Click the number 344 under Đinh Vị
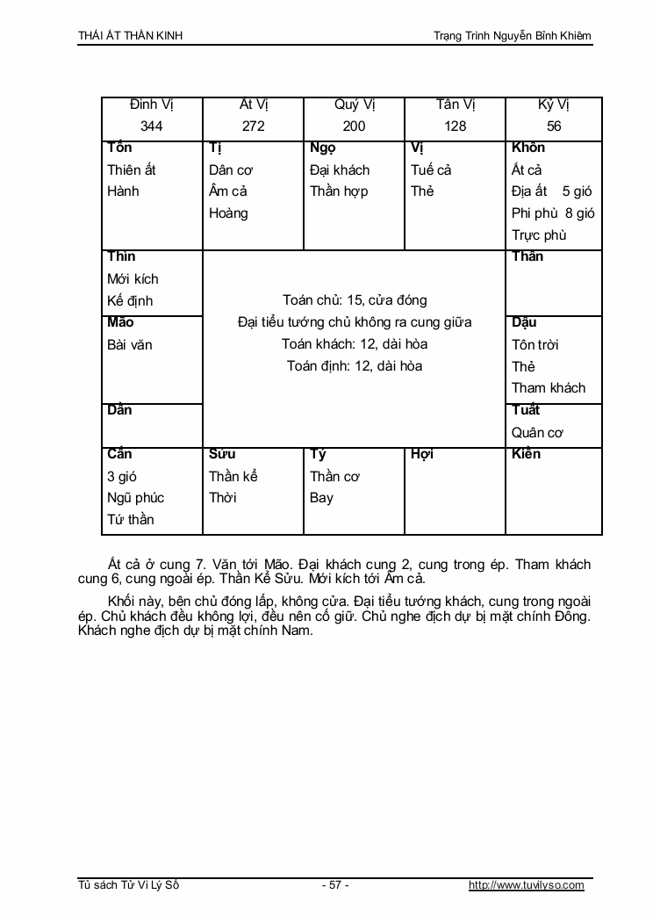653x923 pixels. [152, 126]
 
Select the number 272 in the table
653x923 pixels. [253, 126]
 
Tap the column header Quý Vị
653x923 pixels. [355, 105]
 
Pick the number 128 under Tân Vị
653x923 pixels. [456, 126]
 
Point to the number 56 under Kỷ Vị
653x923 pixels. [554, 126]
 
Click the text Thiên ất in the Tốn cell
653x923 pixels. [132, 169]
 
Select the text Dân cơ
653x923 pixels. [231, 169]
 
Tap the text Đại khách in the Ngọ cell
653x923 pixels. [340, 169]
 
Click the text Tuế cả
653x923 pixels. [431, 169]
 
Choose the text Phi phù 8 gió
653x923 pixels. [553, 213]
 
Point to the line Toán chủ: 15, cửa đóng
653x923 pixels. [355, 300]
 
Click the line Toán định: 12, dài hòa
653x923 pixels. [355, 365]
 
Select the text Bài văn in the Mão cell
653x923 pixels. [130, 344]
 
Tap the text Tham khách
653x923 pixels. [549, 387]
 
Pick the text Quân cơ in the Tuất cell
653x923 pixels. [537, 432]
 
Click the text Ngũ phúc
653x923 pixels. [135, 497]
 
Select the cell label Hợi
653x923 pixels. [422, 454]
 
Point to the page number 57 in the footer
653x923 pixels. [334, 885]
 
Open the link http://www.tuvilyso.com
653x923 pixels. [527, 885]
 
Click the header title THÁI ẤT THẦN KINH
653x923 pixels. [131, 36]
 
